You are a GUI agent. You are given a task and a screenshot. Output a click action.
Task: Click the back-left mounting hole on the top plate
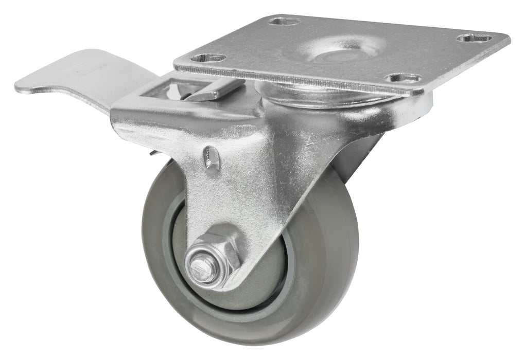click(x=284, y=22)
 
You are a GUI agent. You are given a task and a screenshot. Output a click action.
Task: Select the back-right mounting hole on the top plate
click(x=475, y=38)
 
